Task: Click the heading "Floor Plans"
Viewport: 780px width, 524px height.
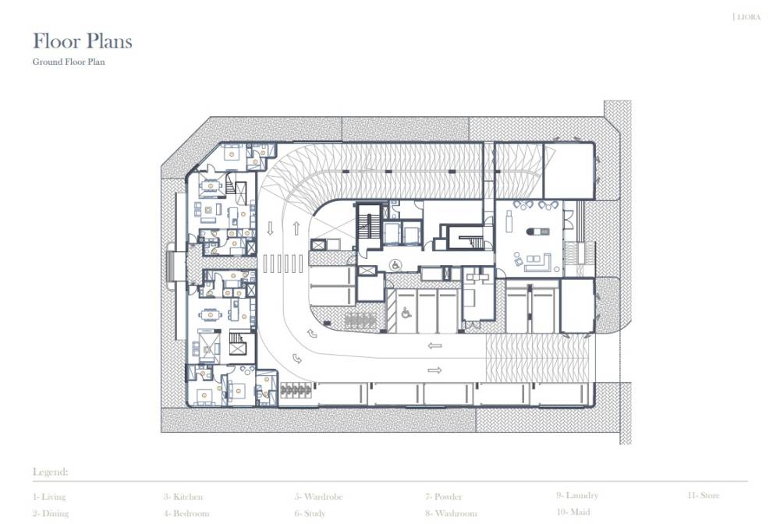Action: point(82,41)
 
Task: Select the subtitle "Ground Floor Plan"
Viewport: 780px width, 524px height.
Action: point(69,62)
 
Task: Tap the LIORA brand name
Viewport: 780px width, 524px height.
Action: point(748,16)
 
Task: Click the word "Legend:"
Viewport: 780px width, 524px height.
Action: point(50,473)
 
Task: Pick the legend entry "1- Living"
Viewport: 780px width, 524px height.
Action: point(49,497)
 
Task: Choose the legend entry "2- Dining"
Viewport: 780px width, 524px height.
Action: point(50,514)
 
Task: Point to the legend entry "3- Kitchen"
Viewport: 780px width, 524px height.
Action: point(183,497)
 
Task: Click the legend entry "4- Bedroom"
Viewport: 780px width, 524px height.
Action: point(186,514)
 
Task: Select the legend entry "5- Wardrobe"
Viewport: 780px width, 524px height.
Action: point(317,497)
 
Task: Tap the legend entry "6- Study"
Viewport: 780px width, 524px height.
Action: point(310,514)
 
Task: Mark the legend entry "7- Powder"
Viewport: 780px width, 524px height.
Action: point(443,497)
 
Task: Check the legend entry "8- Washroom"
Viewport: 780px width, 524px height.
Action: point(450,514)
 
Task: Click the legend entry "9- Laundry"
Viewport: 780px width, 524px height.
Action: point(576,495)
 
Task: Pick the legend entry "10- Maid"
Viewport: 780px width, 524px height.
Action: point(573,512)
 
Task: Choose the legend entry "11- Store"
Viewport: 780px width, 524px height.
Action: point(703,495)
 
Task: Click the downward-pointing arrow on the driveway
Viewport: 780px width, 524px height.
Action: point(271,228)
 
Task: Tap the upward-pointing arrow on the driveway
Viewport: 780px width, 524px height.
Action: point(296,228)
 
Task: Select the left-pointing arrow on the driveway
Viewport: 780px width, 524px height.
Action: point(434,345)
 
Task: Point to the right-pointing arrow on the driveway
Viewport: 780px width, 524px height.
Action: point(434,370)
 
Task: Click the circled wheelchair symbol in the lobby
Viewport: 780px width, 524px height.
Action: point(395,264)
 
